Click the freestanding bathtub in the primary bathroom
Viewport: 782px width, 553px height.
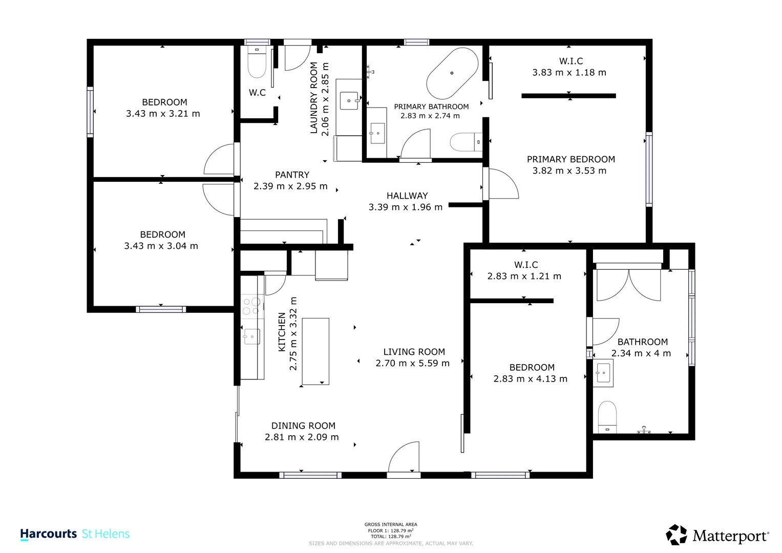click(452, 73)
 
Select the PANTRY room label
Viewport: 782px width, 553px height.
click(292, 175)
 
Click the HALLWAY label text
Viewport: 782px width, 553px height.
click(407, 196)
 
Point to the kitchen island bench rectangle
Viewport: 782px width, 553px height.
click(315, 351)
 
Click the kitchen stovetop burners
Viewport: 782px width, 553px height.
click(252, 306)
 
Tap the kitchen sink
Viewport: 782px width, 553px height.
click(251, 336)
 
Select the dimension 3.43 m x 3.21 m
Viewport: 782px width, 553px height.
click(163, 114)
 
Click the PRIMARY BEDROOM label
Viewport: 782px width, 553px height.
click(571, 159)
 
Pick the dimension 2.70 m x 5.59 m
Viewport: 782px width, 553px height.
click(413, 363)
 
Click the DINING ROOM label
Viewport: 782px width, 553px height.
click(303, 426)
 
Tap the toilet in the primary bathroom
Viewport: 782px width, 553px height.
click(466, 142)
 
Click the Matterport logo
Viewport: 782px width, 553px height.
click(717, 535)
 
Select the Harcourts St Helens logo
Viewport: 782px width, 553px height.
click(75, 534)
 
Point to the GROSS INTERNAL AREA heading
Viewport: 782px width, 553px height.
click(391, 524)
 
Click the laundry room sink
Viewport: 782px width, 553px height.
click(349, 101)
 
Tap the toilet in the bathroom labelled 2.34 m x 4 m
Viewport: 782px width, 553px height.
click(607, 417)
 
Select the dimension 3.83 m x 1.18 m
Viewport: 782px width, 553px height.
click(569, 72)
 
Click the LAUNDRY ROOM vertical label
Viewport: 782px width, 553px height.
click(314, 98)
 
